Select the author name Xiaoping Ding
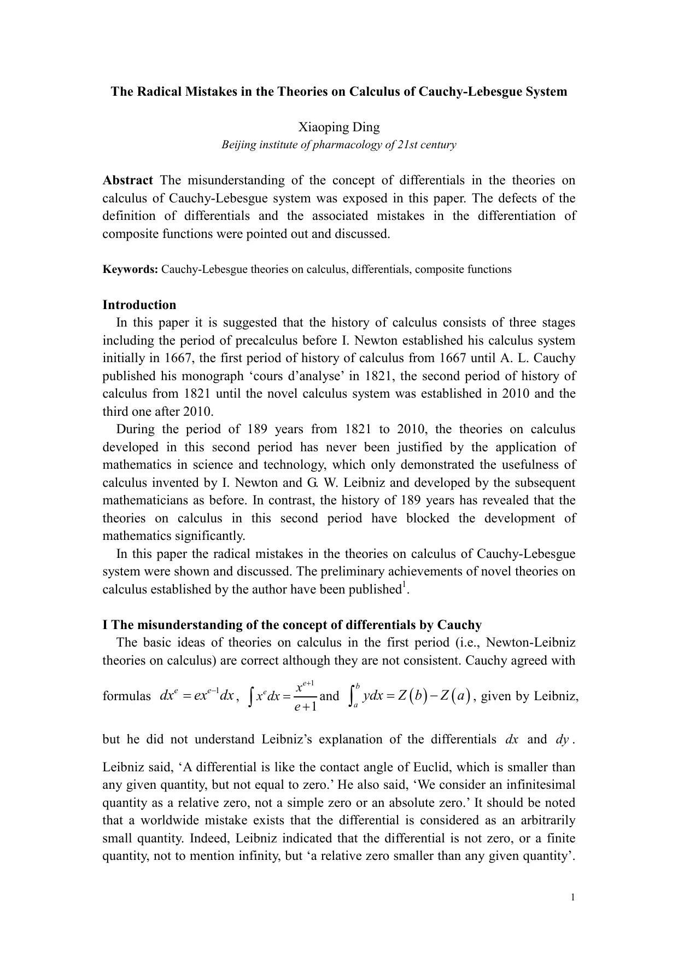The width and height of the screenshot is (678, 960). [338, 127]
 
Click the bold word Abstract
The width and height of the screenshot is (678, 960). [128, 181]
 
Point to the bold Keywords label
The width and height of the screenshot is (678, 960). [130, 269]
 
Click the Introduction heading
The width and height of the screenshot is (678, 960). [139, 305]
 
